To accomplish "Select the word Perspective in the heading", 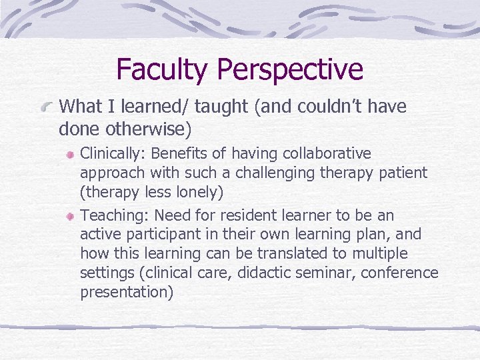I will pyautogui.click(x=291, y=70).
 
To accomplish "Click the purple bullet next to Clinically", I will pyautogui.click(x=70, y=155).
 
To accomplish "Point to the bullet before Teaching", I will pyautogui.click(x=70, y=217).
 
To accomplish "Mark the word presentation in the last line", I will pyautogui.click(x=127, y=293).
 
